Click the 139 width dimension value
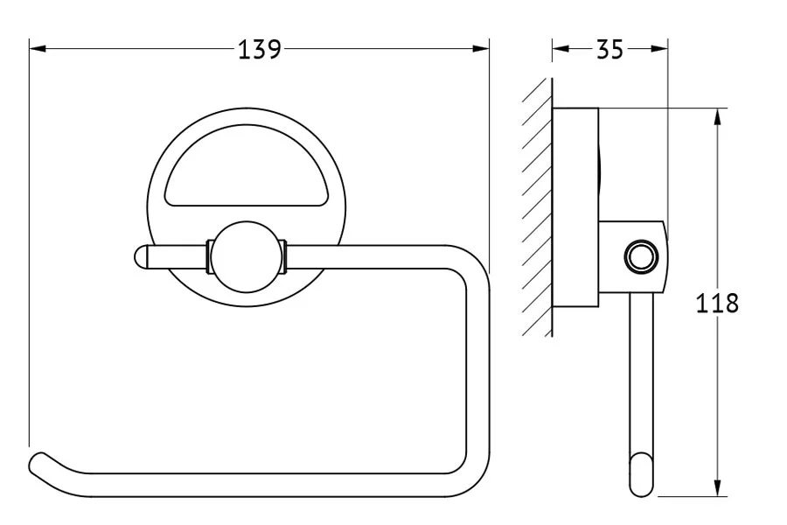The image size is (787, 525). (x=259, y=49)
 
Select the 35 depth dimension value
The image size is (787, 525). (x=609, y=49)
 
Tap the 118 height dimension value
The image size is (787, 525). (x=717, y=303)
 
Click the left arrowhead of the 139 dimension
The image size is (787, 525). (x=38, y=49)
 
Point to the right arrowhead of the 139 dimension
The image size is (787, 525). (x=481, y=49)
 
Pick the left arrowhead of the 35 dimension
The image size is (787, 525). (x=561, y=49)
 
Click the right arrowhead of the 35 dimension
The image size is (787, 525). (x=659, y=49)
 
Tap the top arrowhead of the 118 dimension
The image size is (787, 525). (x=718, y=116)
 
